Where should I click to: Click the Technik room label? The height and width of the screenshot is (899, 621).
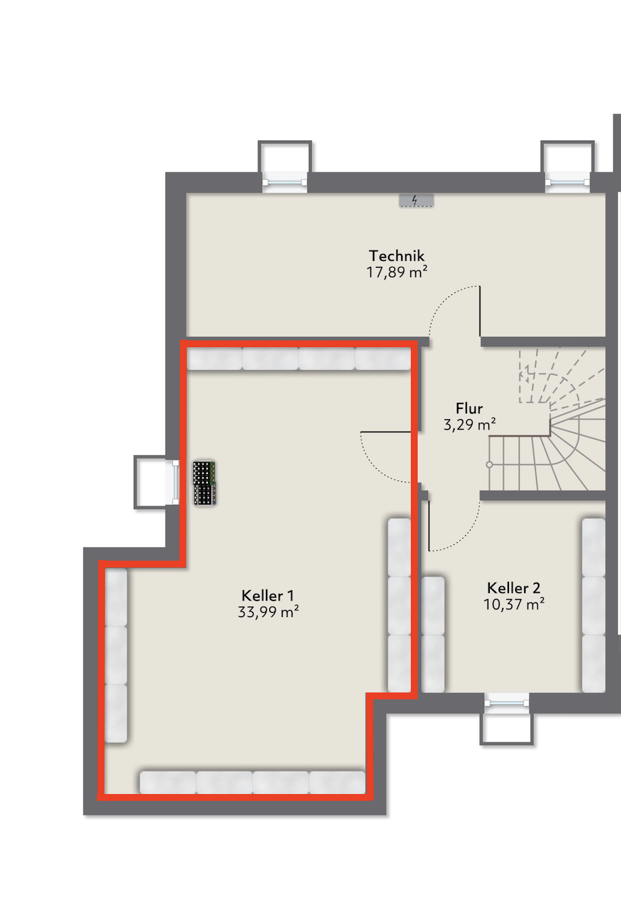(x=396, y=256)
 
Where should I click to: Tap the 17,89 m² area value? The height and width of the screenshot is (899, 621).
(x=396, y=272)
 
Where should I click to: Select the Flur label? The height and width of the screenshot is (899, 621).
(x=469, y=408)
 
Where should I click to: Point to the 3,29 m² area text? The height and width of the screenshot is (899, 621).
(x=469, y=425)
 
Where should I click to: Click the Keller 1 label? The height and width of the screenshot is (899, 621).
(x=267, y=595)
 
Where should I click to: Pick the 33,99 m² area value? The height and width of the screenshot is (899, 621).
(x=268, y=612)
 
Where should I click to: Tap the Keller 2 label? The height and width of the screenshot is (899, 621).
(x=514, y=588)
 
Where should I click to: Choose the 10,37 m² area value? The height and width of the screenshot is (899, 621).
(x=514, y=605)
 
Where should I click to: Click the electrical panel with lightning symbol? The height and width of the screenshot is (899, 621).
(x=416, y=200)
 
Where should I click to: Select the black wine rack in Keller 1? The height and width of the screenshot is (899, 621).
(x=204, y=483)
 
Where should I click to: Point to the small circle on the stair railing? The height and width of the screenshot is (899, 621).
(x=489, y=465)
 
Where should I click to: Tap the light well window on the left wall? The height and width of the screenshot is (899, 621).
(x=157, y=482)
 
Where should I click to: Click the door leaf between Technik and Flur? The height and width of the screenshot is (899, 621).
(x=479, y=311)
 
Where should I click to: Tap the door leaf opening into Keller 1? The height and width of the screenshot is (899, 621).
(x=385, y=432)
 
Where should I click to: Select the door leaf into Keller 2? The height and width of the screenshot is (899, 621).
(x=429, y=526)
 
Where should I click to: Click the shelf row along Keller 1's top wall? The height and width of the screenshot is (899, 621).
(x=299, y=358)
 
